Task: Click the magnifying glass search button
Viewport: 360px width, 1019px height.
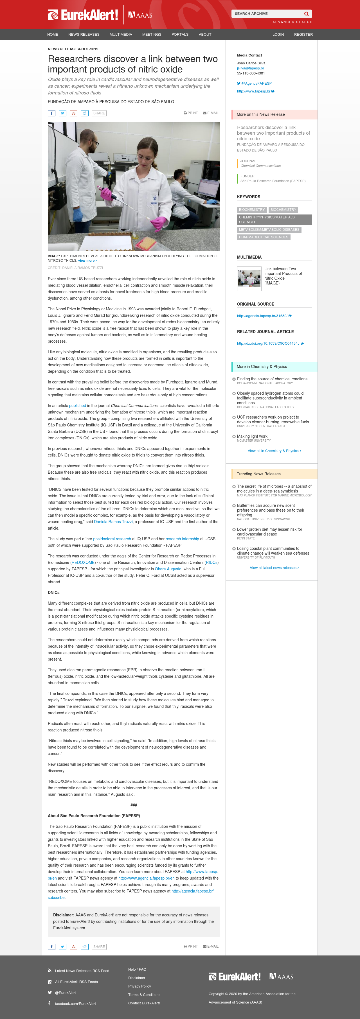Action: tap(306, 14)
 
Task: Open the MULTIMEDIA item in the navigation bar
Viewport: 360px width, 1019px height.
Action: tap(121, 34)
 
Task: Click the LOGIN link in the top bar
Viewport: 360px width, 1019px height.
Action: tap(278, 34)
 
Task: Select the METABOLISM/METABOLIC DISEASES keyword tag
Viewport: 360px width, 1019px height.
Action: tap(269, 230)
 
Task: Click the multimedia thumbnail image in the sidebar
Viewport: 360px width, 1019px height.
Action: tap(249, 279)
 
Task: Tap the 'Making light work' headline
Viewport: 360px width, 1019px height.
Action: tap(252, 436)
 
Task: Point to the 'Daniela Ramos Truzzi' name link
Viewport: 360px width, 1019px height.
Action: tap(113, 522)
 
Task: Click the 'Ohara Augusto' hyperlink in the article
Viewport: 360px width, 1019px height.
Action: tap(168, 569)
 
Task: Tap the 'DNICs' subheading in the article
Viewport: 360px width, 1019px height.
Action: tap(53, 593)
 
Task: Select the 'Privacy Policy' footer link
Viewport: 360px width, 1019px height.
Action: tap(139, 986)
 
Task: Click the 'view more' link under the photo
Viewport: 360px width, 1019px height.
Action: tap(87, 261)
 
